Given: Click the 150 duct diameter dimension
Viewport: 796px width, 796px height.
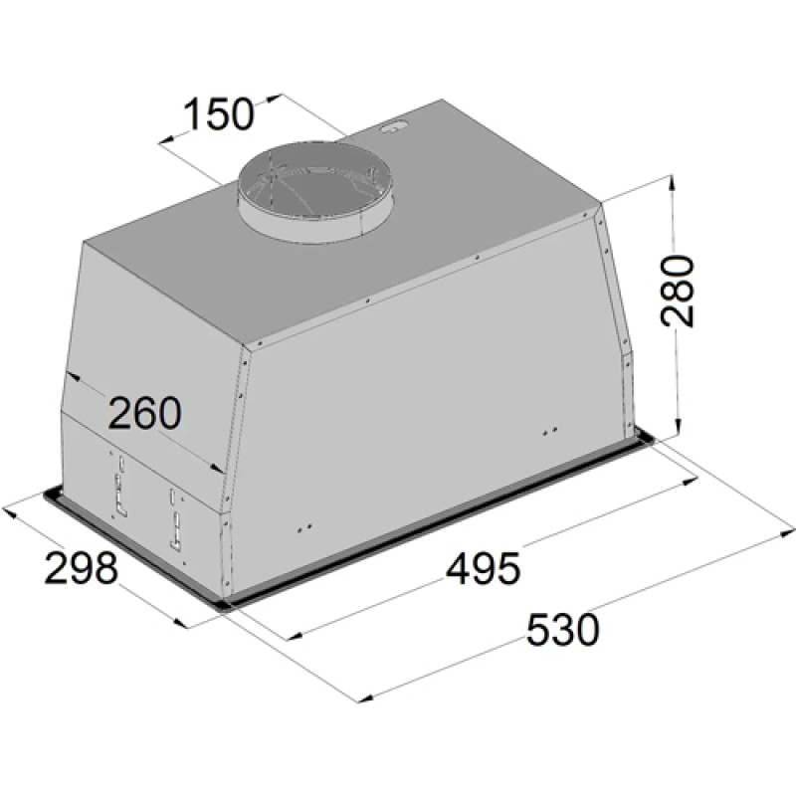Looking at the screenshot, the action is [x=218, y=114].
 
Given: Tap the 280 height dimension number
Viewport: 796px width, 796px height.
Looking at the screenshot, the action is [x=677, y=291].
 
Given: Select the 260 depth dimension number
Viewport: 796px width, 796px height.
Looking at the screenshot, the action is [x=144, y=413].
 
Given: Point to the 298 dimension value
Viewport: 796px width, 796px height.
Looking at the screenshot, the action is [x=82, y=567].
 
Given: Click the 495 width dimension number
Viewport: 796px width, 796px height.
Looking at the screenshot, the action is [x=484, y=568].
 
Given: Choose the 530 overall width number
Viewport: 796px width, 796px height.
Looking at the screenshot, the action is [x=563, y=630].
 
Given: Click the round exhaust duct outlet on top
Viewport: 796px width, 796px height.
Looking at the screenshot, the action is [x=316, y=192].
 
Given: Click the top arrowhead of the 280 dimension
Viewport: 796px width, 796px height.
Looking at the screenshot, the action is [x=672, y=183].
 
